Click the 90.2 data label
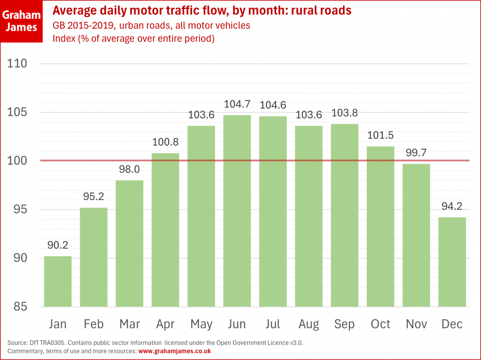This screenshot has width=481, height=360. click(58, 245)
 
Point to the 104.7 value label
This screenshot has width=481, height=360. click(237, 104)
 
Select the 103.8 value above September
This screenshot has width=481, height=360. click(344, 113)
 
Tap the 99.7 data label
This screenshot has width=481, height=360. click(416, 153)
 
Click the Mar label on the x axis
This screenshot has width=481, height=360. click(130, 324)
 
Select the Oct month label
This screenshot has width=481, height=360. click(380, 324)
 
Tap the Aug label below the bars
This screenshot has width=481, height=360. click(309, 324)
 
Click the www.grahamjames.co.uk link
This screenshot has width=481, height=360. click(174, 351)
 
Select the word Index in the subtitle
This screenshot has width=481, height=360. click(63, 39)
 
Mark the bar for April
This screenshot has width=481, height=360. click(165, 230)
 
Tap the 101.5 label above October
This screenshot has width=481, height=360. click(380, 136)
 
